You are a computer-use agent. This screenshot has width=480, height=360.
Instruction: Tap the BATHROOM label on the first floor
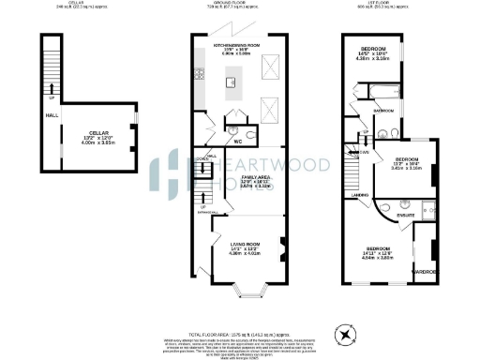(x=384, y=110)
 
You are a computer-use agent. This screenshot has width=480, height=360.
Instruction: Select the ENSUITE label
(x=406, y=215)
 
